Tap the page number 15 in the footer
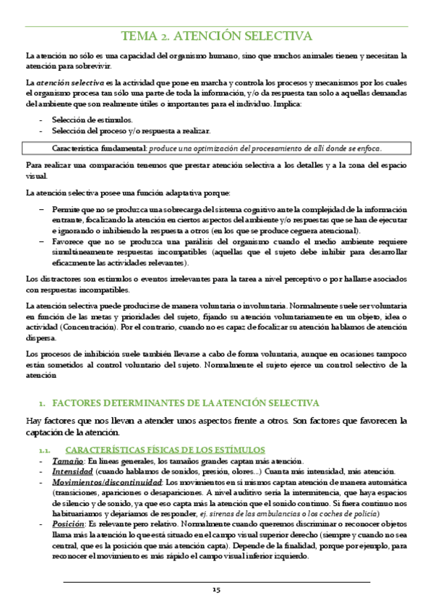tap(216, 591)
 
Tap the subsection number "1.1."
tap(43, 450)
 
